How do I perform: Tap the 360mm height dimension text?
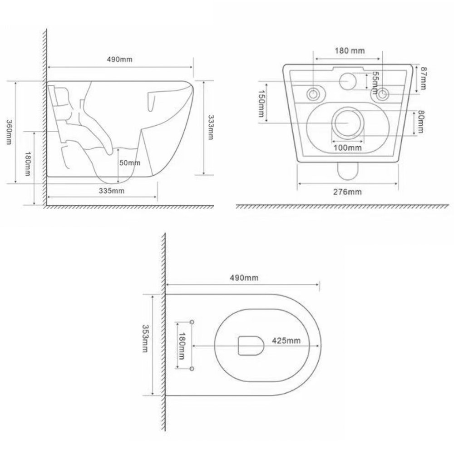coord(9,132)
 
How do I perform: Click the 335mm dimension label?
coord(111,191)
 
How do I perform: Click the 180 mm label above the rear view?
coord(349,51)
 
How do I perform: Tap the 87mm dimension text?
coord(423,78)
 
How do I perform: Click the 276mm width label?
coord(348,192)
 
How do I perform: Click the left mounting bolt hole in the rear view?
coord(313,94)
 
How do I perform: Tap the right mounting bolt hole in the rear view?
coord(383,94)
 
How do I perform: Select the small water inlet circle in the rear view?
coord(348,81)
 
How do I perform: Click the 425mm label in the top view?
coord(286,340)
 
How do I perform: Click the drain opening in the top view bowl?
coord(251,345)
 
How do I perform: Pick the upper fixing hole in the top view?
coord(192,322)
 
